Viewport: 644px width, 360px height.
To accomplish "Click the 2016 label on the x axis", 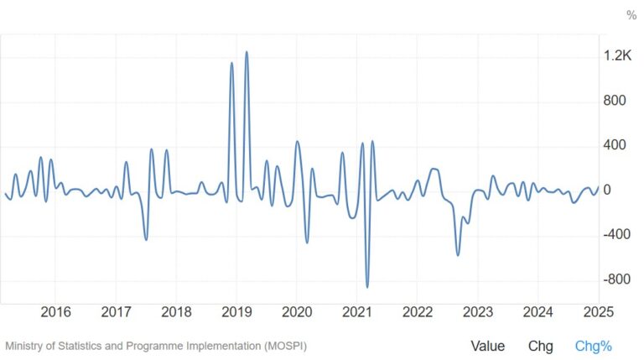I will [55, 312].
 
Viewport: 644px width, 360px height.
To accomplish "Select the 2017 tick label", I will [116, 312].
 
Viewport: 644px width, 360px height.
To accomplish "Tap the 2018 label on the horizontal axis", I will [176, 312].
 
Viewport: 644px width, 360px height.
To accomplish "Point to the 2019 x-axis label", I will [236, 312].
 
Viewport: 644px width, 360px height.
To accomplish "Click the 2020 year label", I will [297, 312].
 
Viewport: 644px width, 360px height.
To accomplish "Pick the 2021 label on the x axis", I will [357, 312].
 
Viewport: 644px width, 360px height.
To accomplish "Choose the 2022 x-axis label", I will [418, 312].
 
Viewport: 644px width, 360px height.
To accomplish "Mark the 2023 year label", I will [478, 312].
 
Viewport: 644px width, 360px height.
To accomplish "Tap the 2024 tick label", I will [538, 312].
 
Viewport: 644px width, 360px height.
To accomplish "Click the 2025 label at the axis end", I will [599, 312].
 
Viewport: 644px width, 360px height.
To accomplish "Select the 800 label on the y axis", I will [615, 101].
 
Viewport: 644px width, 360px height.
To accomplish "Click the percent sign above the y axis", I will [631, 15].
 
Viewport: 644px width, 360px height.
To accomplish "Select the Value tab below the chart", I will [487, 346].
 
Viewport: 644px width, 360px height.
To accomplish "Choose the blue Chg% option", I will [594, 346].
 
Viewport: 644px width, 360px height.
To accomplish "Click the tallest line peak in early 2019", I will [247, 52].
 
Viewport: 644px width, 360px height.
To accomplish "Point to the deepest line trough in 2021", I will [367, 287].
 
